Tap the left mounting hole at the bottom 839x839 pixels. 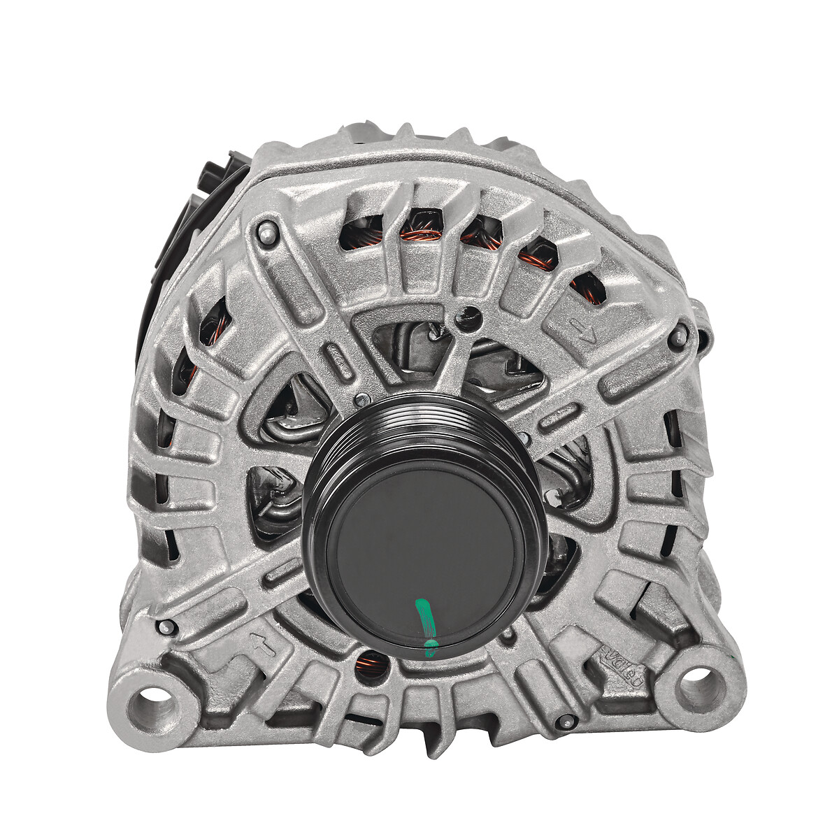click(x=155, y=697)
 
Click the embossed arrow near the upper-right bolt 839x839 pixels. click(x=582, y=328)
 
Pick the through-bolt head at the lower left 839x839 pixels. click(x=166, y=626)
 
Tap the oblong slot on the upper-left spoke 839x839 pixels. click(x=339, y=358)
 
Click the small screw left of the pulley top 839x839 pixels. click(x=361, y=401)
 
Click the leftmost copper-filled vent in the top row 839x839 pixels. click(x=361, y=233)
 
